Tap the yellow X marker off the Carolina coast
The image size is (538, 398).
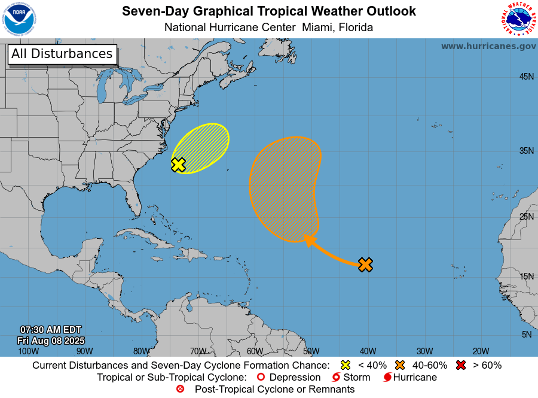[x=178, y=165]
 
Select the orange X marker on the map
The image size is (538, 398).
[x=365, y=265]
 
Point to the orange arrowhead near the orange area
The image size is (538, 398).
[x=309, y=240]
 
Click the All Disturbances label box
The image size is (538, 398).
[x=62, y=54]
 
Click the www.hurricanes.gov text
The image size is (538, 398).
[x=488, y=46]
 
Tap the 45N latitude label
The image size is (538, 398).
[x=525, y=77]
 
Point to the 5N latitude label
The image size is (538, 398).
[x=527, y=335]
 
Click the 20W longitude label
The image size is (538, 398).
[x=481, y=351]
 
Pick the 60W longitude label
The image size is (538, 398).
[x=255, y=351]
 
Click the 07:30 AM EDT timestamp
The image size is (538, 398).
[x=51, y=330]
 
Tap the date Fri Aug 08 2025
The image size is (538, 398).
[x=51, y=341]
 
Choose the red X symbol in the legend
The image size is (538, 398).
[x=461, y=365]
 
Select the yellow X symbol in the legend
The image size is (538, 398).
[x=345, y=365]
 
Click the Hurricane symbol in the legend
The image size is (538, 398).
[x=387, y=378]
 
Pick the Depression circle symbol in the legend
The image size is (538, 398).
[x=260, y=378]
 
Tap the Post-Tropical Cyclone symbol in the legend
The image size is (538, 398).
[x=181, y=389]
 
